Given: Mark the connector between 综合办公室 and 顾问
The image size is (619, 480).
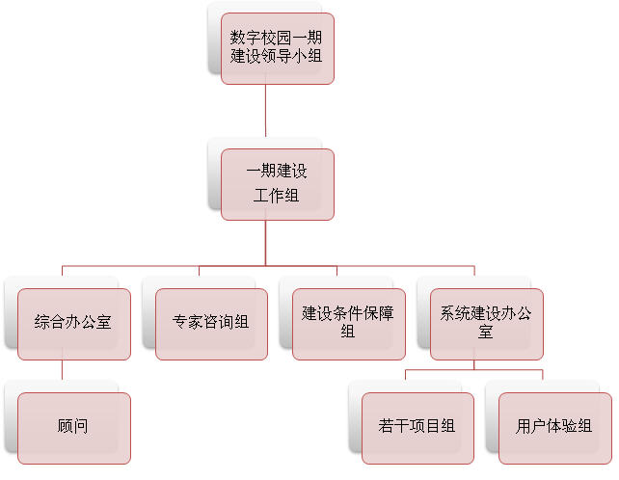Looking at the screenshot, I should tap(62, 371).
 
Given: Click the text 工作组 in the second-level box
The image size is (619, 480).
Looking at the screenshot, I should tap(277, 196).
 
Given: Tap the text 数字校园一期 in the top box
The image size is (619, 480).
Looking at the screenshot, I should tap(277, 38).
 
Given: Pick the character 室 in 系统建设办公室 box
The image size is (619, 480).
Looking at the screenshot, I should tap(486, 332).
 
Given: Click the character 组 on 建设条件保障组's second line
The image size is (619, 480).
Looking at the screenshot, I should tap(348, 332).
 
